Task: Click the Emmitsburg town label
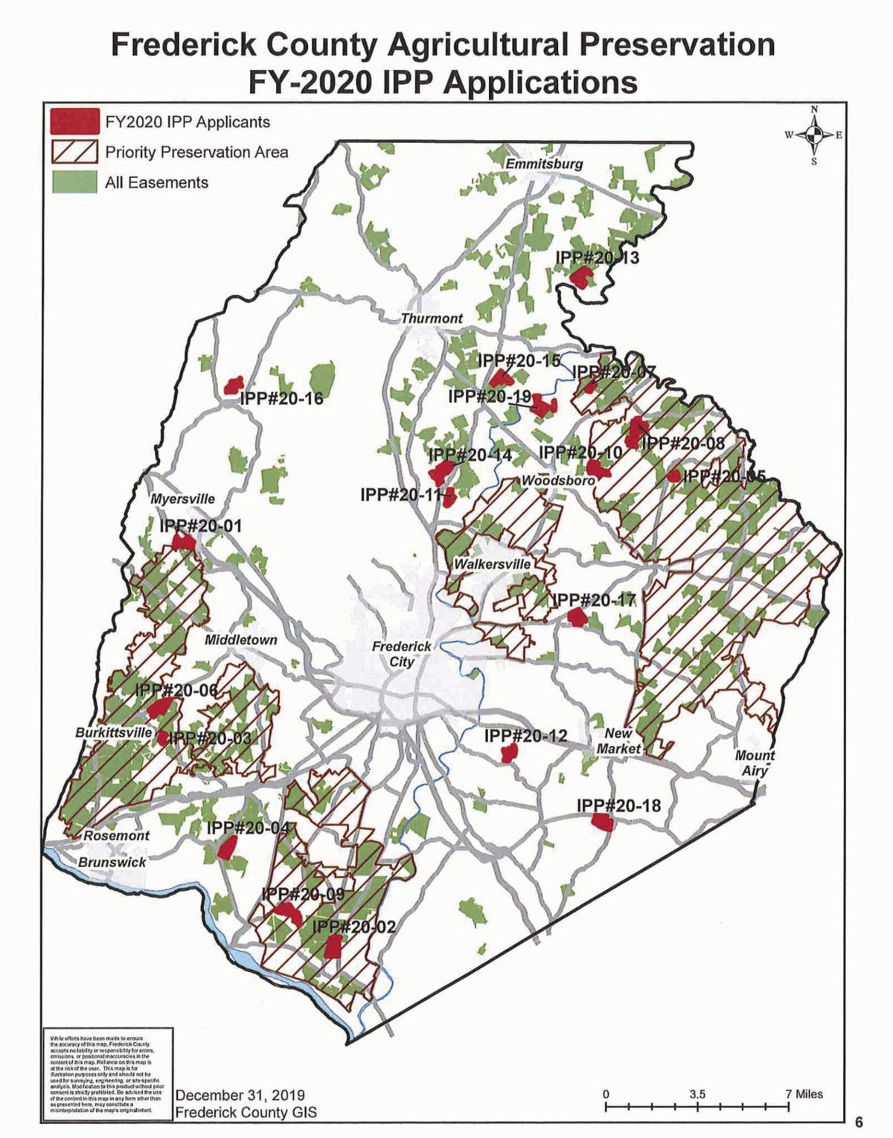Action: click(x=544, y=164)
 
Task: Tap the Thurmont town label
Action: click(x=432, y=319)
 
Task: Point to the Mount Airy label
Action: click(x=755, y=763)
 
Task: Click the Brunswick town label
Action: click(x=112, y=862)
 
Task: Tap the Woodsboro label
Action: click(x=558, y=481)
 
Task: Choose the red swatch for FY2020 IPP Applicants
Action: click(x=74, y=121)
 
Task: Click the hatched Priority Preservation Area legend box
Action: click(x=74, y=152)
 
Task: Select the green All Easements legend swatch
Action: click(x=74, y=182)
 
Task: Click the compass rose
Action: click(x=814, y=135)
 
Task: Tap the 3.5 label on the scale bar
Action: click(x=697, y=1094)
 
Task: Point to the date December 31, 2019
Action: click(x=240, y=1096)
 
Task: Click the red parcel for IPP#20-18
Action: click(x=601, y=822)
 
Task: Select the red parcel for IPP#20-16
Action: click(x=234, y=386)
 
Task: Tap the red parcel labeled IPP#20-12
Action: click(x=509, y=754)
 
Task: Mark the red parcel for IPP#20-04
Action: click(x=228, y=846)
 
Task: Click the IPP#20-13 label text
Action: click(x=597, y=258)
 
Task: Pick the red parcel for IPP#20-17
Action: click(x=575, y=616)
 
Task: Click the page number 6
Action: click(x=859, y=1122)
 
